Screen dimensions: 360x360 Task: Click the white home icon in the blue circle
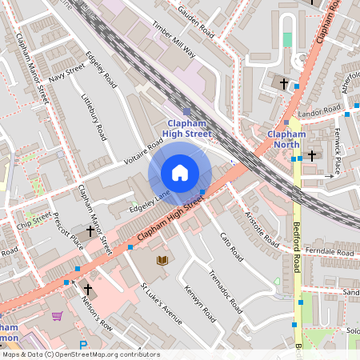(x=180, y=172)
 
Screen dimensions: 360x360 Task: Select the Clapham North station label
(x=286, y=139)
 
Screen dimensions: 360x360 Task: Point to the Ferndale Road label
(x=330, y=252)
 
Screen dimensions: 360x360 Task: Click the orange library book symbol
(x=162, y=260)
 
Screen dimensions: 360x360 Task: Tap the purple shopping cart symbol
(x=57, y=316)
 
